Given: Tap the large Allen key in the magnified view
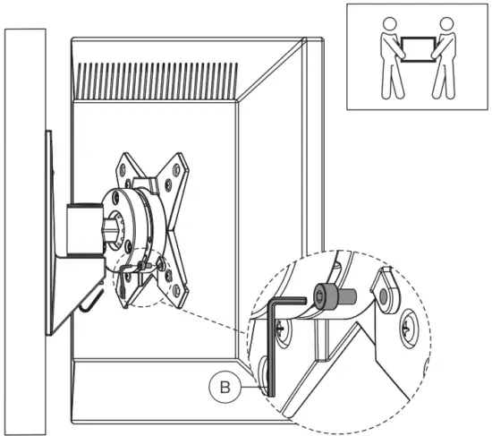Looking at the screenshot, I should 276,349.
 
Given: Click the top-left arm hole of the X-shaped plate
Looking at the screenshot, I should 123,167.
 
